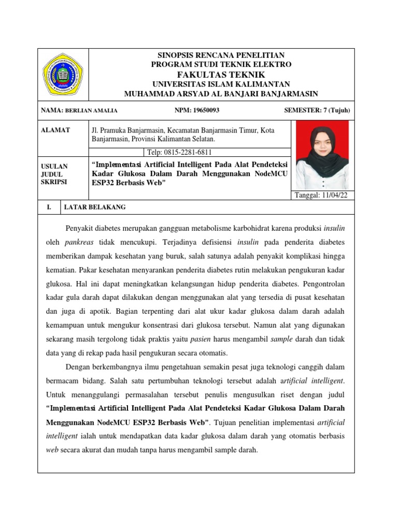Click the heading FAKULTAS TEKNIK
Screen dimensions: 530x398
(x=221, y=75)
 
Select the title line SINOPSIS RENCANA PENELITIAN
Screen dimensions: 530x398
(x=221, y=55)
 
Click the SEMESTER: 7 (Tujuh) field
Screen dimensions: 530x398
(x=317, y=110)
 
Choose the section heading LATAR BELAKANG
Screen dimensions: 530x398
(x=94, y=208)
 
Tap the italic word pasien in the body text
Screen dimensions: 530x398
(x=186, y=339)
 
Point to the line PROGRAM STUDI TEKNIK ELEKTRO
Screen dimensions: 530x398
(x=221, y=65)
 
